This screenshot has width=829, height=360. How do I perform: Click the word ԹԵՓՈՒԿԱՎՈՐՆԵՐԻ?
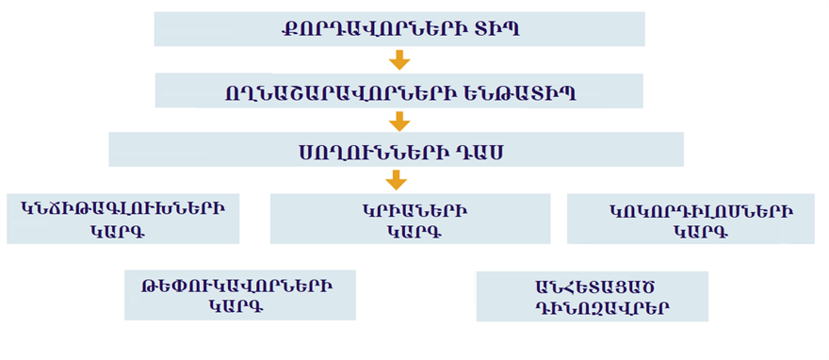point(241,285)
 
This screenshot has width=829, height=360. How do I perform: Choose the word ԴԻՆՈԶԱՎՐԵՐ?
point(591,308)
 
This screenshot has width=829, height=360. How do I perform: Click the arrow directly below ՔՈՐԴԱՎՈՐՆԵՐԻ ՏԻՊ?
point(399,60)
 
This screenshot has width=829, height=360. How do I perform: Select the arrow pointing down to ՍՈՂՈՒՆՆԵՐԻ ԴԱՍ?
point(399,121)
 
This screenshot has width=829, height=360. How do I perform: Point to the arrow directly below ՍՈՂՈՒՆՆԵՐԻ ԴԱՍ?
point(397,180)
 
